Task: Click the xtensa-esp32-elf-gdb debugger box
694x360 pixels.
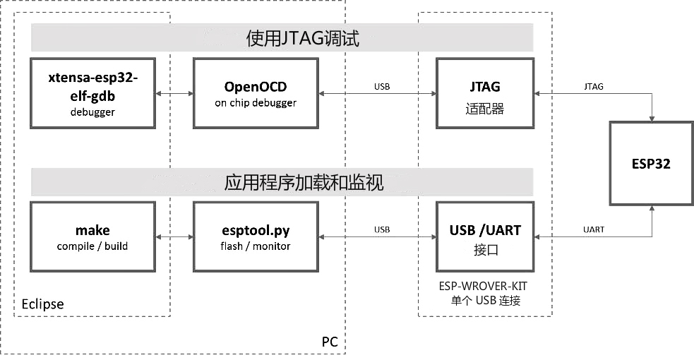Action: (x=92, y=93)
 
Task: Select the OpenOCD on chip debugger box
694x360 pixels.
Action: (x=256, y=93)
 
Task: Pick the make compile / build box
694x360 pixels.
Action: (x=92, y=237)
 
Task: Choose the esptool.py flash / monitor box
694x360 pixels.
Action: (x=256, y=237)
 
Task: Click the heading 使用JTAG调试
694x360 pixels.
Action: (x=303, y=38)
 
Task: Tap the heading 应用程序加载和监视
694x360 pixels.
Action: (x=303, y=183)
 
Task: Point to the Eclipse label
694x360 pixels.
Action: (x=42, y=304)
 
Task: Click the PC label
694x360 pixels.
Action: (x=329, y=342)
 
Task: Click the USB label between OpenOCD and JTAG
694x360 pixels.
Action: (x=381, y=86)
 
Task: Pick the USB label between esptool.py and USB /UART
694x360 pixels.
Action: (x=381, y=229)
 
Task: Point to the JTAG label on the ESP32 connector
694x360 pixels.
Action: (x=594, y=86)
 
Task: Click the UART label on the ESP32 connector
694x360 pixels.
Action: (x=594, y=229)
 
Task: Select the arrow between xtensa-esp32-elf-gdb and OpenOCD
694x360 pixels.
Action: (x=174, y=93)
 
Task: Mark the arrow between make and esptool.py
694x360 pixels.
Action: (x=174, y=237)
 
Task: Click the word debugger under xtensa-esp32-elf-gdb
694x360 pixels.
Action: (x=92, y=112)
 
